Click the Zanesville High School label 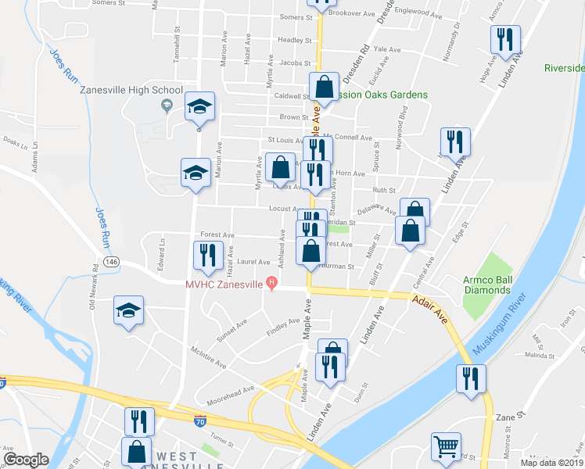point(131,90)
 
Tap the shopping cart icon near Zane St point(446,448)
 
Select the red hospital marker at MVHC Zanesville point(271,283)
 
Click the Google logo point(26,460)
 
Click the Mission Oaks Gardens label point(380,95)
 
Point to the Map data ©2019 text point(551,462)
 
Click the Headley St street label point(295,41)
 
